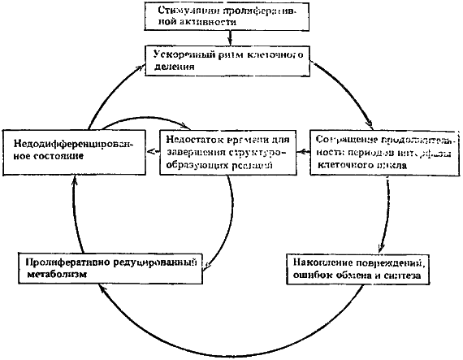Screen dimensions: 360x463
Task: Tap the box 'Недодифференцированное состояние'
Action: [x=72, y=150]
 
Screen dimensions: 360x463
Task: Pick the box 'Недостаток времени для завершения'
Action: [x=222, y=150]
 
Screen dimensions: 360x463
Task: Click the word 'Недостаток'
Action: [x=188, y=137]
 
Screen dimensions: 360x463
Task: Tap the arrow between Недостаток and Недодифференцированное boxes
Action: [x=150, y=150]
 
